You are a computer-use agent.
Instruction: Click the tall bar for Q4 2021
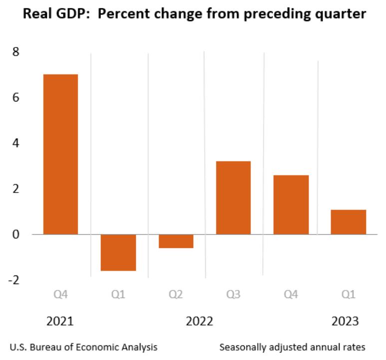[60, 154]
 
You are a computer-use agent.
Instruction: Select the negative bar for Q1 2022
[118, 252]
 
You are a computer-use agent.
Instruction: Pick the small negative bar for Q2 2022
[176, 241]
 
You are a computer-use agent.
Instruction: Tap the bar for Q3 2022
[233, 197]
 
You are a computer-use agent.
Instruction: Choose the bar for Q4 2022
[291, 204]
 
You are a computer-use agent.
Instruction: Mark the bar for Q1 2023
[348, 221]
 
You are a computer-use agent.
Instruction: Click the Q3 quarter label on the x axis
[233, 295]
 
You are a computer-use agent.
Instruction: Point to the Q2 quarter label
[176, 295]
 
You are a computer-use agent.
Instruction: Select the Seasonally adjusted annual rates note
[292, 346]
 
